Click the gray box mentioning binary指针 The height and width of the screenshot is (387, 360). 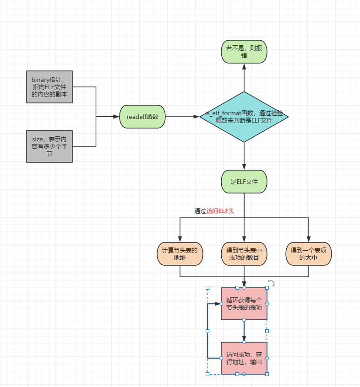point(49,86)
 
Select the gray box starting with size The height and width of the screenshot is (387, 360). point(49,146)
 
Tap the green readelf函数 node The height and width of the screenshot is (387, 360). point(142,117)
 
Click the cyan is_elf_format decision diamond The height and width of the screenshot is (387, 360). point(244,117)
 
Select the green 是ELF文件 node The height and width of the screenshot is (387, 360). point(244,182)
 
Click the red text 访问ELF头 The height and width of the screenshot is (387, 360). point(220,211)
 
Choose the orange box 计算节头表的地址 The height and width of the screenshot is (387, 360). point(180,254)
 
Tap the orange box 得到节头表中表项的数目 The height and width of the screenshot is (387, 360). point(244,254)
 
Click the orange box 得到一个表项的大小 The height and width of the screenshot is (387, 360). point(308,254)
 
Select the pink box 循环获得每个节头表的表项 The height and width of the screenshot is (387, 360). point(244,304)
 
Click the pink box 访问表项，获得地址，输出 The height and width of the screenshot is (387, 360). point(244,358)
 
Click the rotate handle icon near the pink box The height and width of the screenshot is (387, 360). point(271,284)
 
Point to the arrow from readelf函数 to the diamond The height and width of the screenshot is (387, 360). point(182,117)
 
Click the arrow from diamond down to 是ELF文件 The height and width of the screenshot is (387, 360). point(244,156)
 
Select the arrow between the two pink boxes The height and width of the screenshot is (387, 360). point(244,331)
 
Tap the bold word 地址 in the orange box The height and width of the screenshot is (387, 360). point(180,258)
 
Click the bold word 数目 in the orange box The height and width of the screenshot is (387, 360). point(253,258)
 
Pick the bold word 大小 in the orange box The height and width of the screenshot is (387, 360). point(311,258)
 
